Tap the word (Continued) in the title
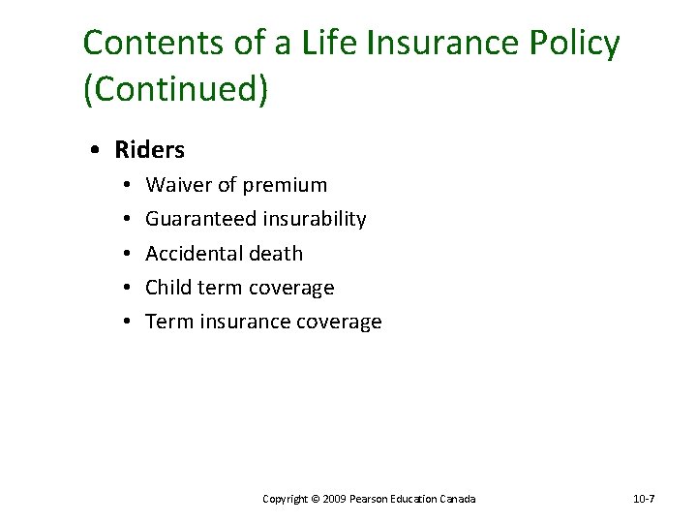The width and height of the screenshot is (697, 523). (x=175, y=89)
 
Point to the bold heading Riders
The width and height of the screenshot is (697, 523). (x=149, y=150)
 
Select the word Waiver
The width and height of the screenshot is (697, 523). (x=175, y=185)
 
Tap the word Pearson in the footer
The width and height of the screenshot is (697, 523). (x=370, y=499)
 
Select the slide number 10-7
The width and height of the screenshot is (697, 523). (x=644, y=499)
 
